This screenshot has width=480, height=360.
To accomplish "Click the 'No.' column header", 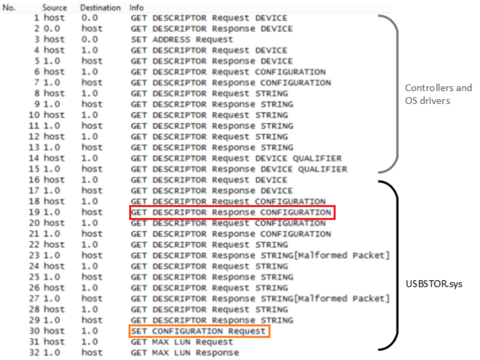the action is (9, 7).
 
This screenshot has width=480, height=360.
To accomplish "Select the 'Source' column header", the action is (55, 7).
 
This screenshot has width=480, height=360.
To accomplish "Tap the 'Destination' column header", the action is (100, 7).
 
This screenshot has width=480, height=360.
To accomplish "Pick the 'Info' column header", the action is (136, 7).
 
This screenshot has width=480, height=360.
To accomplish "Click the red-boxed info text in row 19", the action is (231, 212).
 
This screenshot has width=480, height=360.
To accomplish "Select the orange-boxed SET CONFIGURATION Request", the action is (198, 331).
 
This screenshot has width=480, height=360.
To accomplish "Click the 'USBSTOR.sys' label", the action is (434, 284).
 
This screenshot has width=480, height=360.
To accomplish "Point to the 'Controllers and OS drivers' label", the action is (438, 94).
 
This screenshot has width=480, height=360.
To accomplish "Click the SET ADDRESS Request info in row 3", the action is (182, 39).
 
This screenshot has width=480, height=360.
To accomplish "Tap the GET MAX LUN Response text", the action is (185, 353).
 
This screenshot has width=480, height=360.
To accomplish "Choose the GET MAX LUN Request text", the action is (182, 342).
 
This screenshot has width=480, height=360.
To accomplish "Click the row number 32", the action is (34, 353).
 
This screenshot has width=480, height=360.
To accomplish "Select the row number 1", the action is (37, 18).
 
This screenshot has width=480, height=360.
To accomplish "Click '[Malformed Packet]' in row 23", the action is (341, 255).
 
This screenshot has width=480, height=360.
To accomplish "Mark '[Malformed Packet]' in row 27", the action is (341, 298).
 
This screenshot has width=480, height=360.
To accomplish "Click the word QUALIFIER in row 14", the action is (317, 158).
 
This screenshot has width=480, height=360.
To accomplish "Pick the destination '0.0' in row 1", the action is (90, 18).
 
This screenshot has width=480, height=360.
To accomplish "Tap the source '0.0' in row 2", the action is (52, 29).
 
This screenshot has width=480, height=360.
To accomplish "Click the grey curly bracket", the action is (397, 93).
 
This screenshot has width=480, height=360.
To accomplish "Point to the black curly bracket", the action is (397, 265).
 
